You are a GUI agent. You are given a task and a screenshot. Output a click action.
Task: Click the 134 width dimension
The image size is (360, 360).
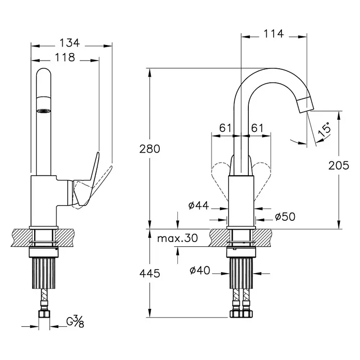click(x=69, y=43)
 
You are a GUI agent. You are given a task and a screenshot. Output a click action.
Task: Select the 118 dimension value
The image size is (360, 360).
click(x=65, y=57)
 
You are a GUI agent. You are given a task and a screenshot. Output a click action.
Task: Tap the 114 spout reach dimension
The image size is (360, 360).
click(x=274, y=34)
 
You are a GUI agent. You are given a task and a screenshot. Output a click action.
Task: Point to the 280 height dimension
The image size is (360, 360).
click(x=149, y=149)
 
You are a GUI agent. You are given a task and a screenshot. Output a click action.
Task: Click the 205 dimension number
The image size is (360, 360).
click(x=339, y=166)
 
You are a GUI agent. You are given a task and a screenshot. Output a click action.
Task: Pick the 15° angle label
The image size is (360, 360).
click(x=325, y=130)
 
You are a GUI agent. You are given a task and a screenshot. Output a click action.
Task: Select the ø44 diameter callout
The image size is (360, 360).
click(x=199, y=205)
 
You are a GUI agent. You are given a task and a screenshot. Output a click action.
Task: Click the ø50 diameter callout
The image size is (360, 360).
click(x=285, y=217)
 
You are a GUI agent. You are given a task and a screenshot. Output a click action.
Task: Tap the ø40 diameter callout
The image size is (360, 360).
click(x=200, y=270)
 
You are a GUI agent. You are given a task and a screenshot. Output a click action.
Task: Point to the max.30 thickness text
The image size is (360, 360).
click(x=177, y=238)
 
